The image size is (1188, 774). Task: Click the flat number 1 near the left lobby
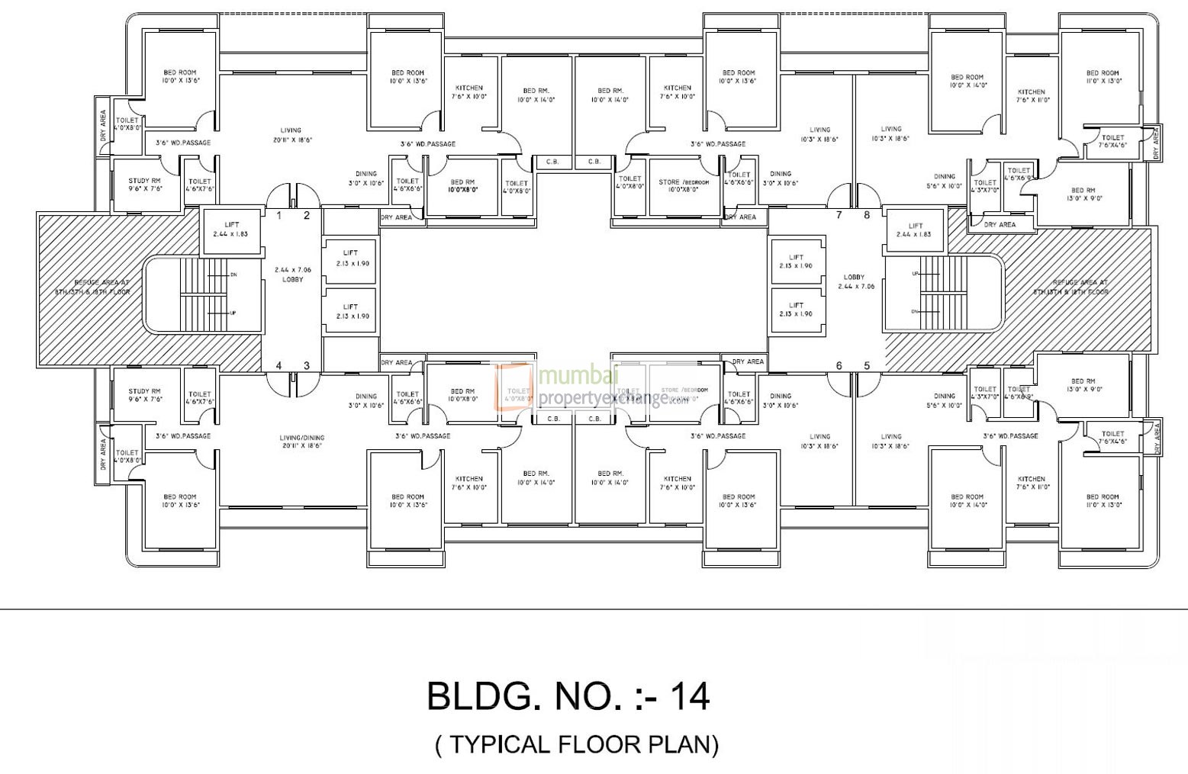tap(279, 216)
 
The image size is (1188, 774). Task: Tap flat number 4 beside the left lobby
tap(279, 366)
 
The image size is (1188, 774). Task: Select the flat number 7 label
tap(839, 215)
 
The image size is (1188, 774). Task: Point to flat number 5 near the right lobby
tap(867, 366)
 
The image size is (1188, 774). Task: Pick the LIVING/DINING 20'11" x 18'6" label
tap(302, 442)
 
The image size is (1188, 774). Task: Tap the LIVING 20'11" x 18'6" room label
tap(291, 135)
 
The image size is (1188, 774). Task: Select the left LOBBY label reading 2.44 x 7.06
tap(293, 275)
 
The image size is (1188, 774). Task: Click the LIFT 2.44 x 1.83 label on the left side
tap(231, 230)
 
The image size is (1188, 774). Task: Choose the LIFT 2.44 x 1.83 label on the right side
tap(916, 230)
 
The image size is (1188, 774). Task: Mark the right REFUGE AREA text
tap(1081, 287)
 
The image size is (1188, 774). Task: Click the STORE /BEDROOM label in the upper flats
tap(684, 185)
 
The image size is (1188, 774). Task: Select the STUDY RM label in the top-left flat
tap(145, 184)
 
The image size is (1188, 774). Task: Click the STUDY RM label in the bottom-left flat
tap(145, 395)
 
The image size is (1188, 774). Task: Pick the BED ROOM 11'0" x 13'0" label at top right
tap(1103, 77)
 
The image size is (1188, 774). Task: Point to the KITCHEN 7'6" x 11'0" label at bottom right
tap(1031, 483)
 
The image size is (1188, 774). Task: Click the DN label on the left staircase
tap(233, 275)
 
